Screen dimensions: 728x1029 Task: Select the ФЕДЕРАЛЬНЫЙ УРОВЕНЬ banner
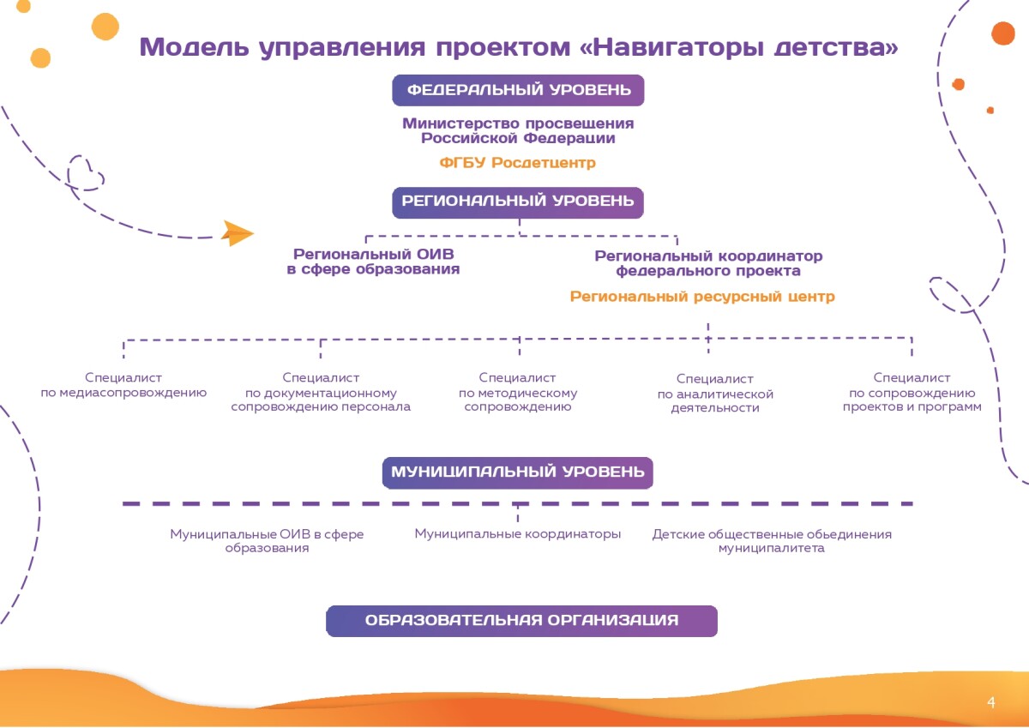[x=518, y=90]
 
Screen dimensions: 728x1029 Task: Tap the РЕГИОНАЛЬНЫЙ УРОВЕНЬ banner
[x=518, y=202]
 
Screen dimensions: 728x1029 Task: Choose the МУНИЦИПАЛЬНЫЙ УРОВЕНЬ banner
[x=518, y=472]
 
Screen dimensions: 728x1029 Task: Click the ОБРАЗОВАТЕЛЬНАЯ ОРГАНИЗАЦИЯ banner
[x=521, y=621]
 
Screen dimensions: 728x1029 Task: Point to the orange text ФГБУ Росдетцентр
[x=517, y=162]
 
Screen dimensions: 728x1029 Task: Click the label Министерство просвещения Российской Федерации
[x=518, y=130]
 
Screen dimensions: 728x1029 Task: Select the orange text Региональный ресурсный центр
[x=702, y=297]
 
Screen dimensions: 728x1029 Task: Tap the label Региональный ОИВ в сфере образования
[x=373, y=262]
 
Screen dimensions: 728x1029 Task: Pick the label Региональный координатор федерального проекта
[x=708, y=263]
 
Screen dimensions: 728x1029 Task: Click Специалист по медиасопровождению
[x=123, y=385]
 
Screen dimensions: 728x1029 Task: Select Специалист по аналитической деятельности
[x=715, y=394]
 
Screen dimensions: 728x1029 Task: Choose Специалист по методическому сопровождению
[x=518, y=392]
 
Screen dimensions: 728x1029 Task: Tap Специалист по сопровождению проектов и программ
[x=912, y=392]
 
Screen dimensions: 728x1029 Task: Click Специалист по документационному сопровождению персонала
[x=321, y=392]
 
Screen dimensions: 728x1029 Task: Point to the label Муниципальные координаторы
[x=518, y=534]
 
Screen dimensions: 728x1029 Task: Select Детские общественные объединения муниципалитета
[x=772, y=541]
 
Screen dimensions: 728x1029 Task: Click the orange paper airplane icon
[x=237, y=232]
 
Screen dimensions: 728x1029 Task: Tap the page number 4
[x=991, y=703]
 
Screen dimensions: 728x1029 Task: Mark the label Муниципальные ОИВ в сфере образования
[x=267, y=541]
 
